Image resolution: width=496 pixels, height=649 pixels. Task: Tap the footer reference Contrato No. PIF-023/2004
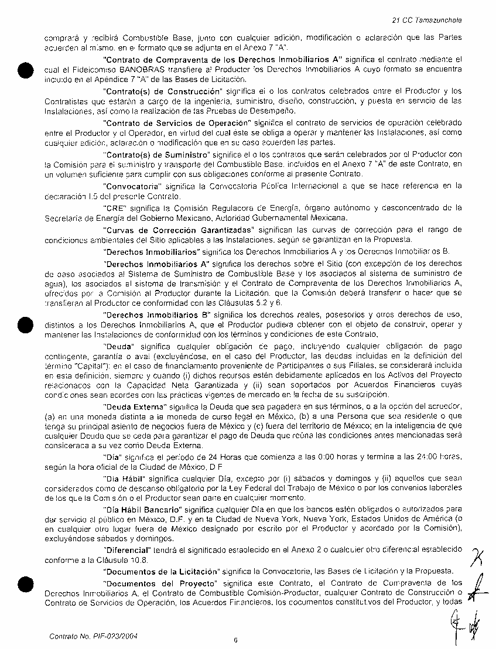94,635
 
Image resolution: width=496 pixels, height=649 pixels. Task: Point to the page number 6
235,640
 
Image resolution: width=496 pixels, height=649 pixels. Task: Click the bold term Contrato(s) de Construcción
161,91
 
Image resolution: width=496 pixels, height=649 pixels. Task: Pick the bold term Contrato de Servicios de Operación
176,122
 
